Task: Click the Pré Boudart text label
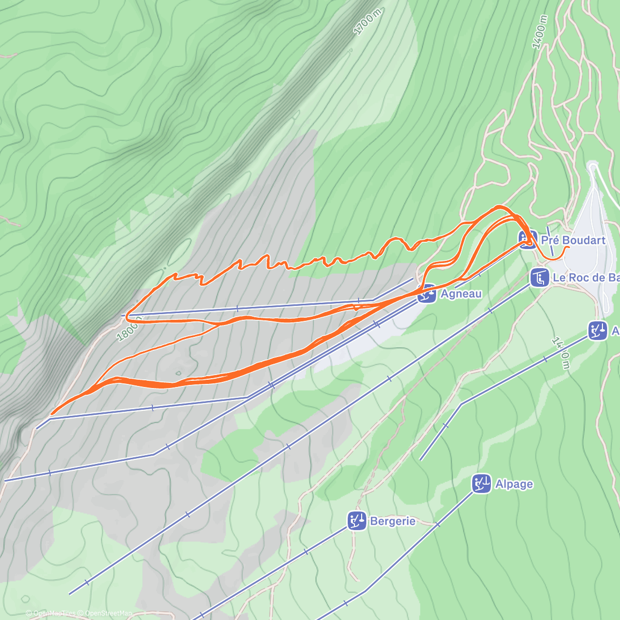[x=573, y=240]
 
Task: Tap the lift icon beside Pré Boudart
[x=528, y=240]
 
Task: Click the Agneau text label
[x=461, y=294]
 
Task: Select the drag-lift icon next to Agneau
[x=427, y=293]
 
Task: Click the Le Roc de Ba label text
[x=586, y=277]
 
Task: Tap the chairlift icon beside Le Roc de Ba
[x=539, y=277]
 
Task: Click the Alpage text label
[x=514, y=484]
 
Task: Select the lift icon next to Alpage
[x=482, y=484]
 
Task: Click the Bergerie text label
[x=392, y=521]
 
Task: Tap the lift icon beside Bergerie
[x=357, y=521]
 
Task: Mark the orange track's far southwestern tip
[x=51, y=414]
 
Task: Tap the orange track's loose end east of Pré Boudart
[x=569, y=247]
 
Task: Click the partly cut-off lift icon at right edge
[x=598, y=330]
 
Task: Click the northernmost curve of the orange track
[x=499, y=207]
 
